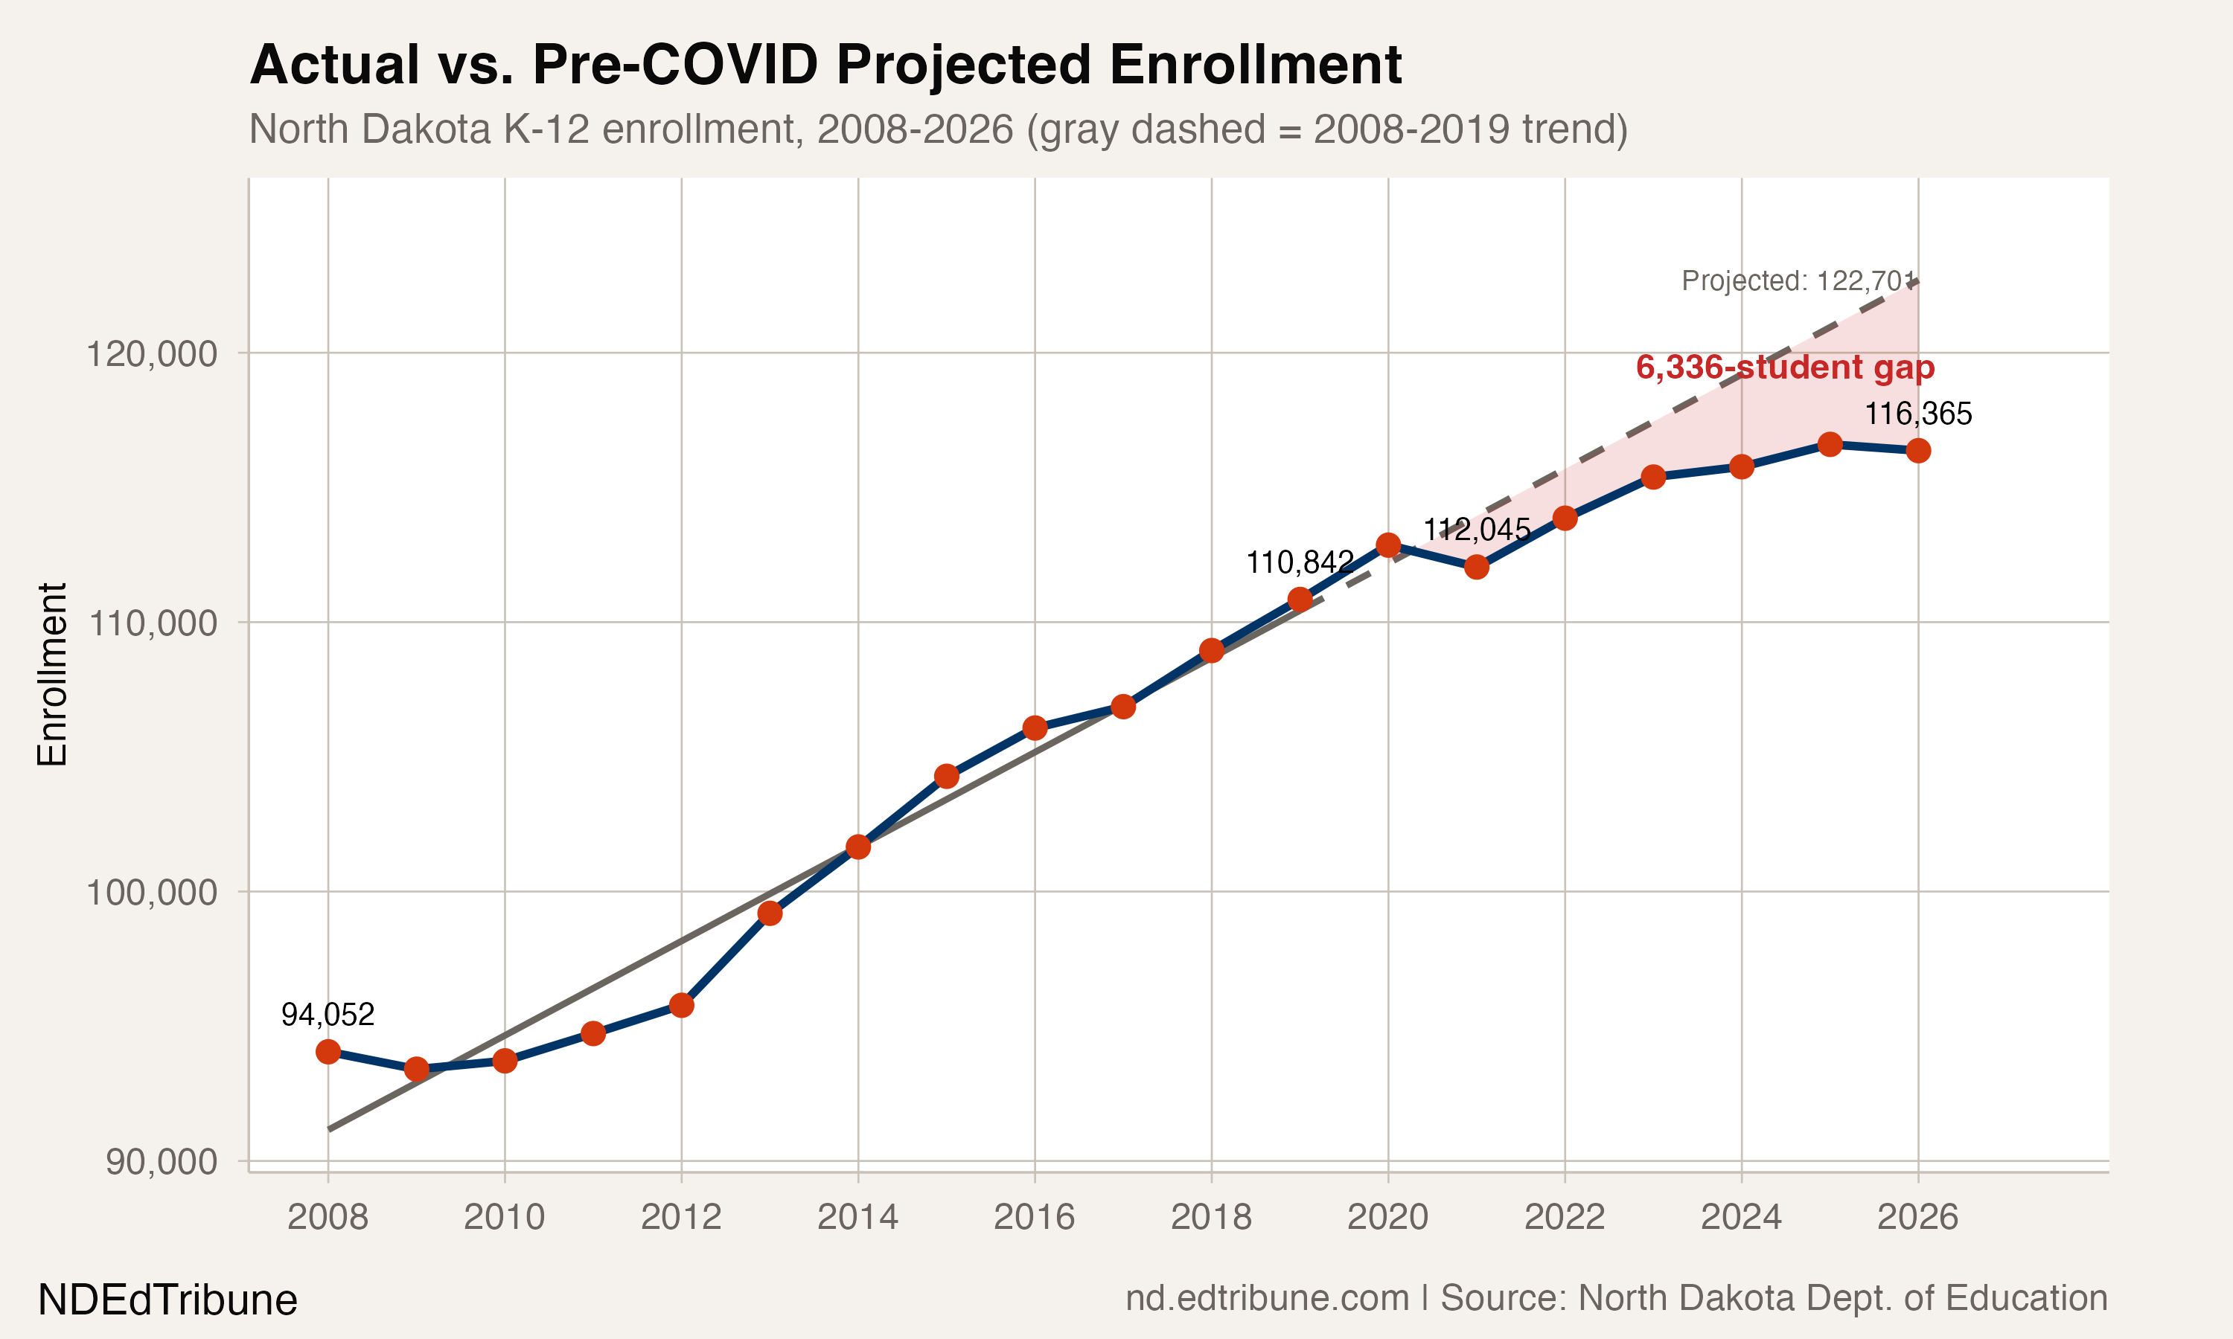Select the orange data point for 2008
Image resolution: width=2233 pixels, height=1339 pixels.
(x=328, y=1052)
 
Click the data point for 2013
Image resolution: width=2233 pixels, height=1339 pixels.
(x=770, y=914)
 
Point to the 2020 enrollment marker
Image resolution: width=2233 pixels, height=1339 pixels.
(x=1388, y=545)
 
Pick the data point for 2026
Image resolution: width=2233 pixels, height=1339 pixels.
(x=1918, y=450)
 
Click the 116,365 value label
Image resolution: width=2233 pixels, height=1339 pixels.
(x=1918, y=414)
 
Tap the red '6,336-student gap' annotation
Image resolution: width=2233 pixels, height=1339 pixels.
(x=1784, y=367)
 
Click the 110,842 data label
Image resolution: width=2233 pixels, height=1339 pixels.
(x=1300, y=563)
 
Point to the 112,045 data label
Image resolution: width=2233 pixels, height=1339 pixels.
(x=1477, y=530)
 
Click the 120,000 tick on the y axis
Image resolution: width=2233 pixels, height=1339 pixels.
(x=152, y=353)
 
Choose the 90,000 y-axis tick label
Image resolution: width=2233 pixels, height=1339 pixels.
(x=161, y=1161)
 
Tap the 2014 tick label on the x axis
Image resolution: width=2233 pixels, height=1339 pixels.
(x=857, y=1217)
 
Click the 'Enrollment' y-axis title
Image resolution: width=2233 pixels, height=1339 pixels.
(x=52, y=675)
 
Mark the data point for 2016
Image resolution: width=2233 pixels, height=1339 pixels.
(x=1035, y=728)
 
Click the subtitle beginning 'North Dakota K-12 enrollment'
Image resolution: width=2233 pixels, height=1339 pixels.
(x=938, y=129)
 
